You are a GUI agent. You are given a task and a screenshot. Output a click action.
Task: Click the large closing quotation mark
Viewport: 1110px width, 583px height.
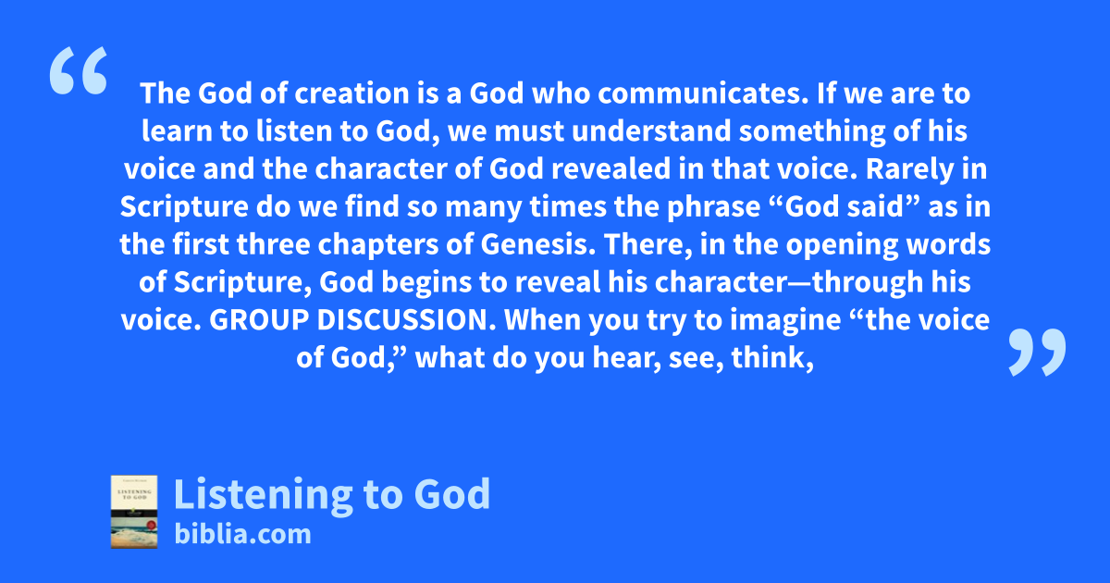point(1038,352)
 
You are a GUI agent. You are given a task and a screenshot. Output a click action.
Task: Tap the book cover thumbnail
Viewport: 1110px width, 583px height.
point(134,512)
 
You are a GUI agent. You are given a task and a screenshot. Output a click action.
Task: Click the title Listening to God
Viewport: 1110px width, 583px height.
point(332,494)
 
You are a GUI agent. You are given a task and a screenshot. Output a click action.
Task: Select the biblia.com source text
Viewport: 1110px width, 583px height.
point(242,535)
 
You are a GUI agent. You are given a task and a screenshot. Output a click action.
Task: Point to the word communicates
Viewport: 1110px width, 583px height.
point(704,93)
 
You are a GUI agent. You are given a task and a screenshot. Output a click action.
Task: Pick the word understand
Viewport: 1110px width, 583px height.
point(651,130)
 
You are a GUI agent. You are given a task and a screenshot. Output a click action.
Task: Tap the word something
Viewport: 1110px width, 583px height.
point(812,131)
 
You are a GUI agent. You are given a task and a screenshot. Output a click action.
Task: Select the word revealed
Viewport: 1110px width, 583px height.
point(611,168)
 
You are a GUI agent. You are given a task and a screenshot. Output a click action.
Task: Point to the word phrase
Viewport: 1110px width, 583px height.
point(713,207)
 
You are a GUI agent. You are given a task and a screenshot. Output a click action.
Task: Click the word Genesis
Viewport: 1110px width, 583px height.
point(538,244)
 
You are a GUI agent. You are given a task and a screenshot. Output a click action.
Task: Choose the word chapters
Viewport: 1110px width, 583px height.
point(377,245)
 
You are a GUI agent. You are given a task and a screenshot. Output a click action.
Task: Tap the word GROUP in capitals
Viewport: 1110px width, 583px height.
point(259,320)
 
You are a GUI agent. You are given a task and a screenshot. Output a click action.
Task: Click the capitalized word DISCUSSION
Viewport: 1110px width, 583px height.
point(406,320)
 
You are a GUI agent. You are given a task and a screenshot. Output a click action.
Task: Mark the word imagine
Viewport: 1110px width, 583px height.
point(785,321)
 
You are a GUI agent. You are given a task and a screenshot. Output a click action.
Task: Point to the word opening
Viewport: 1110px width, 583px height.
point(842,245)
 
